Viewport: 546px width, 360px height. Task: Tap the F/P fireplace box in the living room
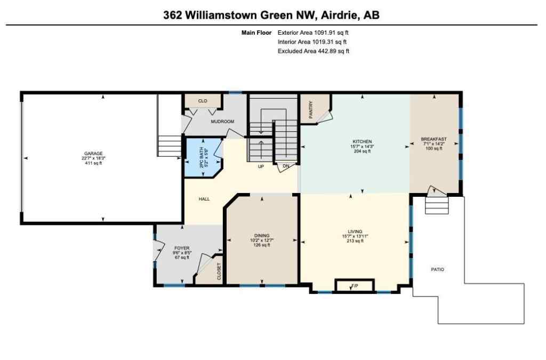tap(354, 286)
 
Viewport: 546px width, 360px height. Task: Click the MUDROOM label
tap(222, 122)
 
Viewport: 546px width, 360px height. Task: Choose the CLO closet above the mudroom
tap(203, 101)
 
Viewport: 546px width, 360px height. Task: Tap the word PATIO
tap(438, 269)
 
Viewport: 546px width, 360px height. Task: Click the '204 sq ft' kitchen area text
tap(362, 151)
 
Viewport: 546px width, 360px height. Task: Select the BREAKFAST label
tap(433, 139)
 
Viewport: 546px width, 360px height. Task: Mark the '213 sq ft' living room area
tap(351, 241)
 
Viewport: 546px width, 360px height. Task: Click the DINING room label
tap(261, 235)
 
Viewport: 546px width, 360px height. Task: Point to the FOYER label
tap(182, 248)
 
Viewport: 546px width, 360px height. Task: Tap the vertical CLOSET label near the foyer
tap(219, 271)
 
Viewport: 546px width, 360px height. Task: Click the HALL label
tap(204, 199)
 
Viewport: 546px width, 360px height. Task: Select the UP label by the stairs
tap(261, 166)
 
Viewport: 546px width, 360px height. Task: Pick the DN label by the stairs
tap(286, 166)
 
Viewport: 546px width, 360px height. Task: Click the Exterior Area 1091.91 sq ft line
tap(313, 33)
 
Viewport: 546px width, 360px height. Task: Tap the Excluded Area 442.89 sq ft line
tap(313, 51)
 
